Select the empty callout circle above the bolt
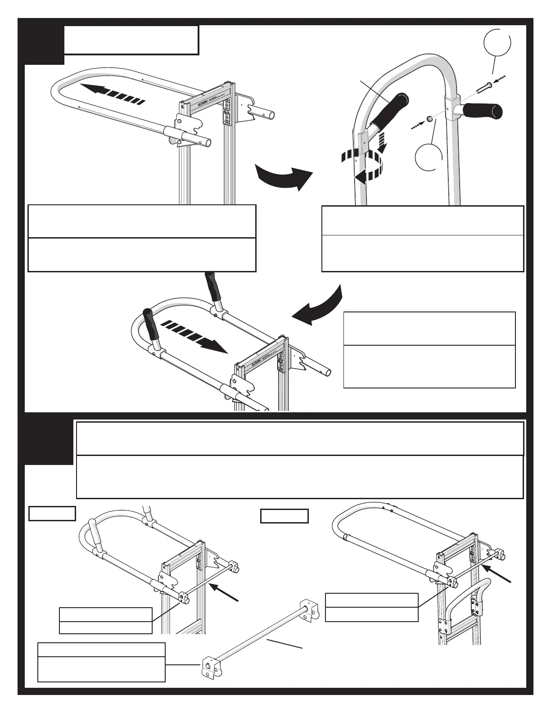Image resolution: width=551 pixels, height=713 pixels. coord(497,45)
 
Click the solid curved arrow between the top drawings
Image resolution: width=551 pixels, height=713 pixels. coord(283,177)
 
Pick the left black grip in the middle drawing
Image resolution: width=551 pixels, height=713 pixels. coord(151,324)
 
